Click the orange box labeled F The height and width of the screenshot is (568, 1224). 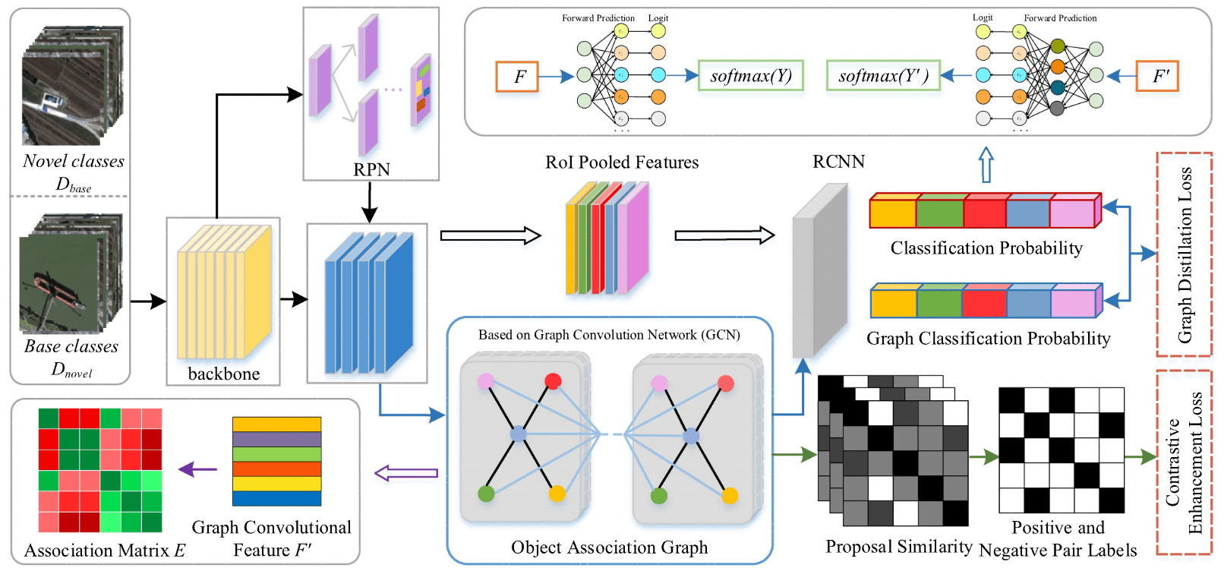(517, 77)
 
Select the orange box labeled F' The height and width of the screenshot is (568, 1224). (1156, 76)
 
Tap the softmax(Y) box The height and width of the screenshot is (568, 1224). (750, 76)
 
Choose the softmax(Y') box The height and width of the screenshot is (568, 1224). (883, 76)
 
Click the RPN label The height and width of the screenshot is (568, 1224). (371, 169)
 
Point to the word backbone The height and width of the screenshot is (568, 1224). (223, 374)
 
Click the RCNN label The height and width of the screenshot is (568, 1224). (838, 162)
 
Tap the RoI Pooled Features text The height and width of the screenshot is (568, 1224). (622, 163)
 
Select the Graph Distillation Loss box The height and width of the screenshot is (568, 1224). (1184, 254)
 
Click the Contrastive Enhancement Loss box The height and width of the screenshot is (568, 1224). (1184, 462)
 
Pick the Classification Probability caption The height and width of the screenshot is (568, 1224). (986, 248)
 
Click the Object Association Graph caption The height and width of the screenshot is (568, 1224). (609, 547)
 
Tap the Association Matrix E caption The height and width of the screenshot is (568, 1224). (105, 551)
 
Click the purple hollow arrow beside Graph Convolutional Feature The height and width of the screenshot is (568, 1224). (406, 473)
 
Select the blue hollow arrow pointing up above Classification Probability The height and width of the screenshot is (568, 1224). (986, 164)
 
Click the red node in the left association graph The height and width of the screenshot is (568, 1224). (553, 381)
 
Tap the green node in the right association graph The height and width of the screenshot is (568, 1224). (659, 496)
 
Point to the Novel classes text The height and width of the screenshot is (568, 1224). (73, 161)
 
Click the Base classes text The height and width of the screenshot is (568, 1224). (71, 346)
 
